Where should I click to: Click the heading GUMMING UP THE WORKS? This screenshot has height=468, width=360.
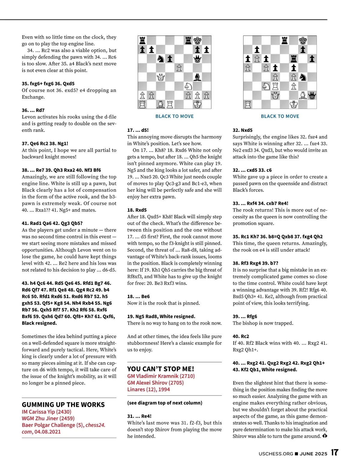click(63, 404)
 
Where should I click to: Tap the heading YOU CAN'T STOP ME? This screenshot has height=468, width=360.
click(160, 369)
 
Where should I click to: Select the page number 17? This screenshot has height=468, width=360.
click(334, 453)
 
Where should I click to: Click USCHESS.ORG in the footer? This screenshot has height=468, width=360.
click(276, 454)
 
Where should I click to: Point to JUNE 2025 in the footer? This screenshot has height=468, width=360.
click(313, 454)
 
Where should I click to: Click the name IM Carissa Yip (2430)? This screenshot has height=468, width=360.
click(46, 412)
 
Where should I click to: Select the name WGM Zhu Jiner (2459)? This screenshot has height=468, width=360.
click(48, 419)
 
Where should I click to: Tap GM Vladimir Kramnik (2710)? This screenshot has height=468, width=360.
click(161, 376)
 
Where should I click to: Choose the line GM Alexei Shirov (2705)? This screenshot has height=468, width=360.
click(155, 383)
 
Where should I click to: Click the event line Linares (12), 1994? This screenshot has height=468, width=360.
click(148, 389)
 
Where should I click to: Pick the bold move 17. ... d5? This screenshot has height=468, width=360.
click(138, 130)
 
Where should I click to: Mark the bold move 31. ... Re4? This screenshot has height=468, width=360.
click(139, 416)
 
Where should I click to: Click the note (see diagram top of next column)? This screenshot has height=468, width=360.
click(165, 403)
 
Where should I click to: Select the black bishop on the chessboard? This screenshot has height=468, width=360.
click(197, 77)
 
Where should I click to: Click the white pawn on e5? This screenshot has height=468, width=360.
click(179, 68)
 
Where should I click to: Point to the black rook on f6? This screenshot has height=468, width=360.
click(294, 59)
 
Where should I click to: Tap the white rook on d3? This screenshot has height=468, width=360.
click(275, 86)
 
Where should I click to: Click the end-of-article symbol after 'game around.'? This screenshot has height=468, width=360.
click(325, 436)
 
